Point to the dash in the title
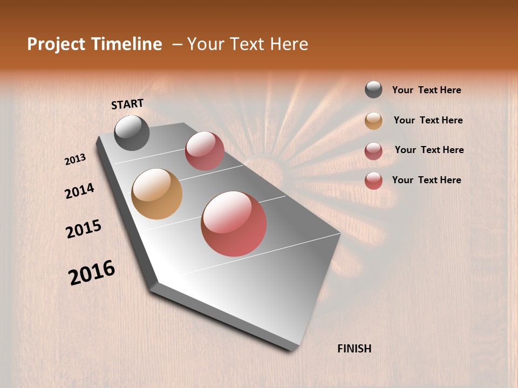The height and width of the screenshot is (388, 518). tap(177, 45)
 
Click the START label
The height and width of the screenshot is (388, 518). tap(127, 104)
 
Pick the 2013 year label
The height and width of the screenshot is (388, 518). tap(75, 160)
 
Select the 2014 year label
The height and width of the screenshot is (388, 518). tap(79, 191)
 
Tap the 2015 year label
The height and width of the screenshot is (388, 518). tap(84, 229)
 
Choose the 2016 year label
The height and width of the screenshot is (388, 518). tap(92, 273)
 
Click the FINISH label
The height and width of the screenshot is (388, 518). tap(354, 349)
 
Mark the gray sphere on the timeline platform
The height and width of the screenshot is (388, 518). tap(132, 133)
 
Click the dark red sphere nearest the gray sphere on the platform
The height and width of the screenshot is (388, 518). tap(205, 151)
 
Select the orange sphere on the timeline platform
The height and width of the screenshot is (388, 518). tap(156, 194)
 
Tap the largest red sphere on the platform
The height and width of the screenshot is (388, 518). tap(234, 224)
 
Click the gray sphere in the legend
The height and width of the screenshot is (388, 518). tap(373, 89)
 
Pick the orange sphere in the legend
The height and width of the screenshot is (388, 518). tap(373, 120)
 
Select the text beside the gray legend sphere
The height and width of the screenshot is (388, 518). tap(426, 90)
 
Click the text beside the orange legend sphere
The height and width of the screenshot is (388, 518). tap(428, 120)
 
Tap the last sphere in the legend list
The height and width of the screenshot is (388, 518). tap(373, 180)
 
